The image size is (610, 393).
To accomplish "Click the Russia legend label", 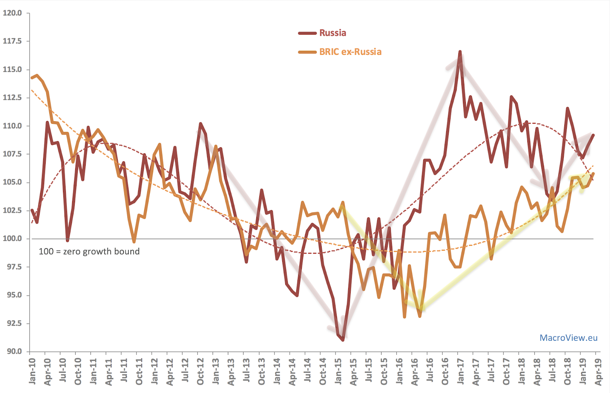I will point(332,33).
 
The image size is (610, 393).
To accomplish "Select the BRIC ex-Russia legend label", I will point(350,52).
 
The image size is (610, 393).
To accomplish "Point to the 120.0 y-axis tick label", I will point(12,13).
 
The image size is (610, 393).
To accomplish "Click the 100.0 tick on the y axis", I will point(12,239).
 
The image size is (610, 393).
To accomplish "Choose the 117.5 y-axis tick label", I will point(12,41).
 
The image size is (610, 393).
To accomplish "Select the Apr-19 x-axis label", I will point(598,372).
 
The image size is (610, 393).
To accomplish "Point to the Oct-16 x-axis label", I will point(445,372).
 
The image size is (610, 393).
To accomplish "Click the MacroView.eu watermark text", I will point(568,338).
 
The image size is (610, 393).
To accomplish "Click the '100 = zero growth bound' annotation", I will point(89,252).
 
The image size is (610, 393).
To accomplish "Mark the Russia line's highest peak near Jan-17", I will point(460,51).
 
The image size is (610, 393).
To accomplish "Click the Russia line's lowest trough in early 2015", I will point(343,340).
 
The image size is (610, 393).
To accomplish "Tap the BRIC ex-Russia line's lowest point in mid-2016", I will point(420,316).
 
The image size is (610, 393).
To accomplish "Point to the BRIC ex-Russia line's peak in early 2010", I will point(37,75).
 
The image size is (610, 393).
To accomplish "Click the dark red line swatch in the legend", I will point(307,33).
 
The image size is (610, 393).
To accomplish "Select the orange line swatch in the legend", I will point(307,52).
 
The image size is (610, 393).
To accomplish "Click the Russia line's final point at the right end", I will point(593,135).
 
